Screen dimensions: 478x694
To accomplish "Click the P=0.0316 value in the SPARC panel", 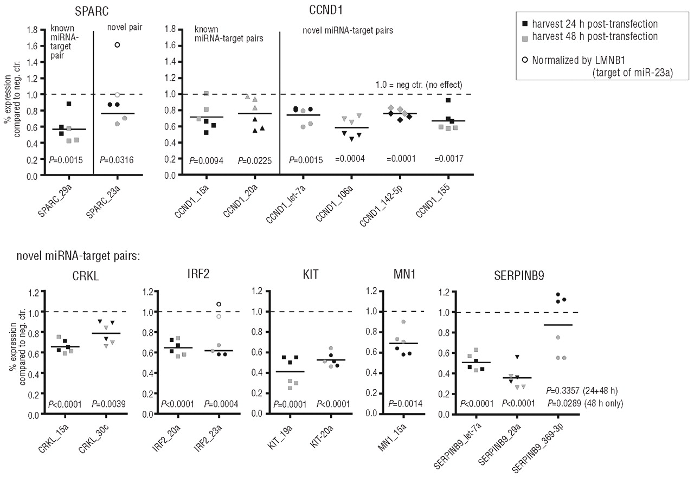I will [x=117, y=160].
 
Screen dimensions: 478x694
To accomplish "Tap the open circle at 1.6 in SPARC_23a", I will [x=117, y=44].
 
